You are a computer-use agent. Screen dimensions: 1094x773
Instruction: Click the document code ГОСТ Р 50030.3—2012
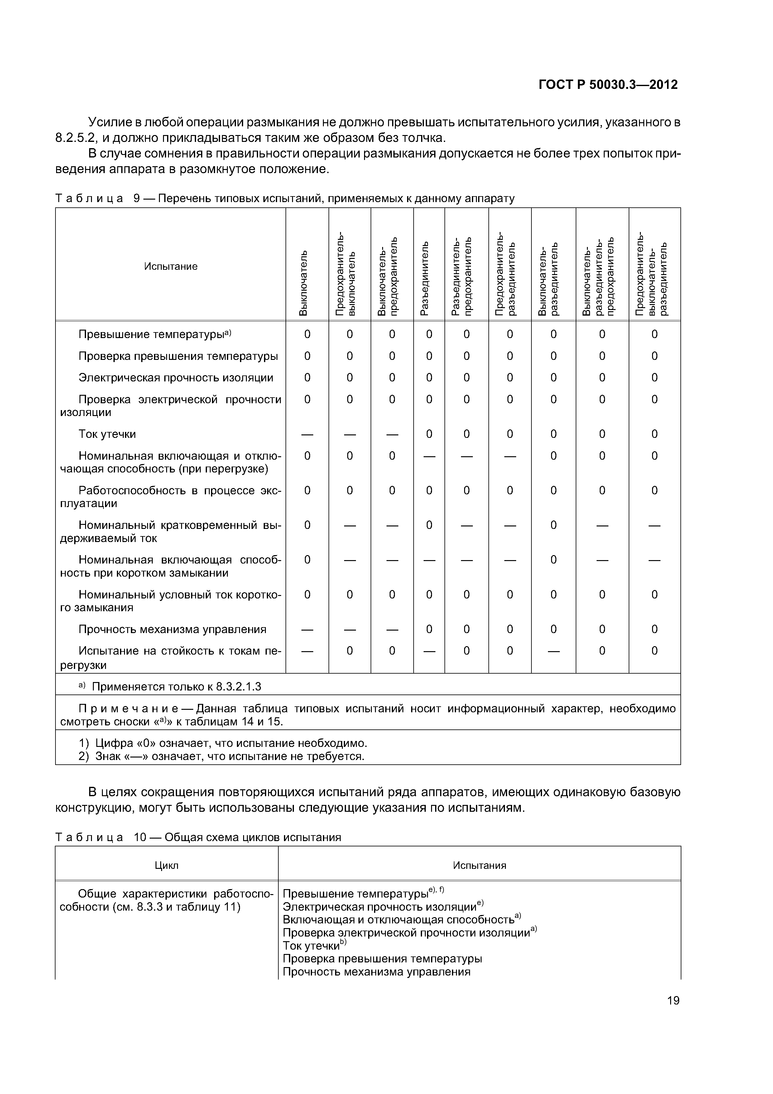[608, 85]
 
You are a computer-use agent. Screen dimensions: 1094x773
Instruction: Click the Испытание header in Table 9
[170, 266]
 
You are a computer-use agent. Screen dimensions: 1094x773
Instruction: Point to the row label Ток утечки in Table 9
[107, 434]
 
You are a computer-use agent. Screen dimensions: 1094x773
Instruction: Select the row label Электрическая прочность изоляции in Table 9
[176, 378]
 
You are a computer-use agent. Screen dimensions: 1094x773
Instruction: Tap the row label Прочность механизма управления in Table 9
[172, 629]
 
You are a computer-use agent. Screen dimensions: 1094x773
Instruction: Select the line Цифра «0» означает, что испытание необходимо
[231, 743]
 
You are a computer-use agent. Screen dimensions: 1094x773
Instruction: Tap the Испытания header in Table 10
[479, 865]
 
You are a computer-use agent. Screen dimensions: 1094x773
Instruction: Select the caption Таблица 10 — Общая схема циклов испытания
[198, 837]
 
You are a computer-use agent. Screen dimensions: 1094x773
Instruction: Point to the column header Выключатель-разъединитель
[547, 281]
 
